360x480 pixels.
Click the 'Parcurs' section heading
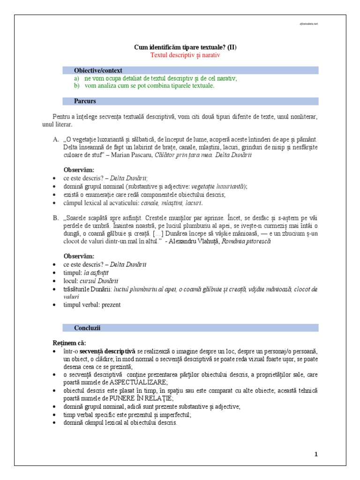[x=85, y=101]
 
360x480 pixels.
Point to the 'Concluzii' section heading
[x=87, y=327]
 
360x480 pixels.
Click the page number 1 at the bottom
[x=316, y=454]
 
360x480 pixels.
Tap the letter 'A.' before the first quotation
[x=56, y=140]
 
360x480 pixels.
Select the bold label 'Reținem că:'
[x=69, y=342]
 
